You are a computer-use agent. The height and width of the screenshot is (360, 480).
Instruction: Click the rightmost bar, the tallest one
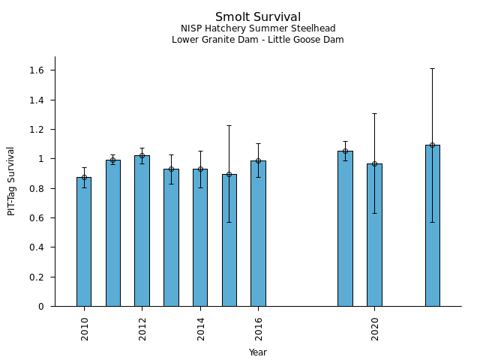click(x=432, y=225)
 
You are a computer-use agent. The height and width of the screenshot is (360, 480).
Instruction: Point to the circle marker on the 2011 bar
click(x=113, y=160)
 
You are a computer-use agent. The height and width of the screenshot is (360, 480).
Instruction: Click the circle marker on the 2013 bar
click(x=171, y=169)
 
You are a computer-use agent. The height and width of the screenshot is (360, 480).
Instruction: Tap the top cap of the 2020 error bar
click(x=374, y=113)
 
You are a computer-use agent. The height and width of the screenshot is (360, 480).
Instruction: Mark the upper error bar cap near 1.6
click(x=432, y=69)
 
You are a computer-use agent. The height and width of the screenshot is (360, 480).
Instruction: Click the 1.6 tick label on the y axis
click(x=37, y=70)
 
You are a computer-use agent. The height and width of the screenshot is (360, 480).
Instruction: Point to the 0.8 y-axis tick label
click(x=37, y=188)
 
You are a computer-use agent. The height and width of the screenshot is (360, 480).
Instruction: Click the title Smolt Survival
click(x=258, y=17)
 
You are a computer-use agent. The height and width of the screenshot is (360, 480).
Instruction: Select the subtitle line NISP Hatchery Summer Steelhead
click(x=258, y=28)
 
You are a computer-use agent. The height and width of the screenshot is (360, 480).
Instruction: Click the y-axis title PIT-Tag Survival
click(x=11, y=181)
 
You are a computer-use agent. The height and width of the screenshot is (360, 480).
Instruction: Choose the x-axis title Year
click(x=258, y=352)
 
